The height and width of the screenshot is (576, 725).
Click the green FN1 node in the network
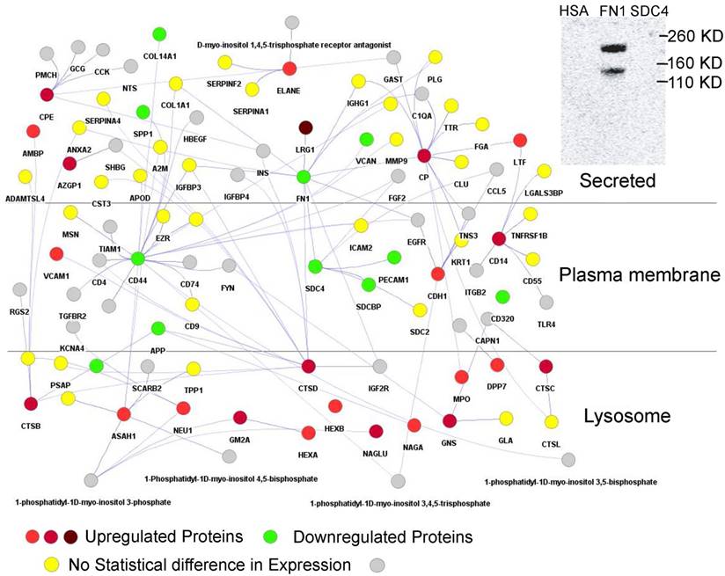(304, 177)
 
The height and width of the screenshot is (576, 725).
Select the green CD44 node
(137, 259)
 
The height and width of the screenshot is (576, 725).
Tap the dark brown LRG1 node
(306, 128)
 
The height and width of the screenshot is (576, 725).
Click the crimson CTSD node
(308, 366)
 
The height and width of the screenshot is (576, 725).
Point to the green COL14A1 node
(159, 34)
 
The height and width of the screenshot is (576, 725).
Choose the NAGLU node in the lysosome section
(377, 431)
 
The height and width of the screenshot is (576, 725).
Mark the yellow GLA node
(506, 419)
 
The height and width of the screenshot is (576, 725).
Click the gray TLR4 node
(546, 303)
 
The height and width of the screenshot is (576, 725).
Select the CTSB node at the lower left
(32, 405)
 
